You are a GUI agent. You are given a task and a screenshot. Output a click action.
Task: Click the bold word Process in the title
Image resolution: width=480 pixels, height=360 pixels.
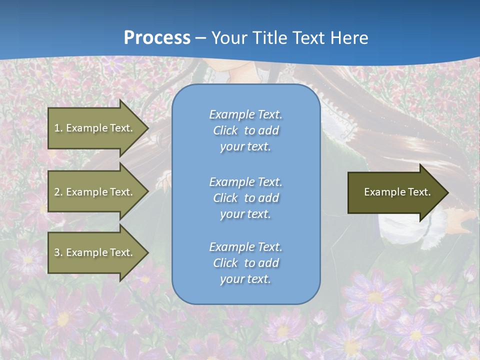pos(157,38)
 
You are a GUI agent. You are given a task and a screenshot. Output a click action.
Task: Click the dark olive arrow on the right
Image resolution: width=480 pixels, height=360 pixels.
pos(395,192)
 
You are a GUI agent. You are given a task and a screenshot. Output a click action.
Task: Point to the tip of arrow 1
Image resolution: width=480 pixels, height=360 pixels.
pos(147,128)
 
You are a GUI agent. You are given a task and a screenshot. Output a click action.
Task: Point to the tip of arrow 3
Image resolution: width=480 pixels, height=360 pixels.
pos(147,252)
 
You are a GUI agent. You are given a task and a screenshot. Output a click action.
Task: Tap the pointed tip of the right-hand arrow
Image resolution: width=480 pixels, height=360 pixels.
pos(447,192)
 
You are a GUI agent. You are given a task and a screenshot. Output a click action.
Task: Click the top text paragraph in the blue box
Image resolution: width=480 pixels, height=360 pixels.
pos(245,130)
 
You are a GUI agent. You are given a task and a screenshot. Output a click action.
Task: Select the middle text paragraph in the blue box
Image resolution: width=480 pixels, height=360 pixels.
pos(245,198)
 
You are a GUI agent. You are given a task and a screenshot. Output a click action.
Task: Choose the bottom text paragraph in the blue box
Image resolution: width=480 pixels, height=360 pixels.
pos(245,263)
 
